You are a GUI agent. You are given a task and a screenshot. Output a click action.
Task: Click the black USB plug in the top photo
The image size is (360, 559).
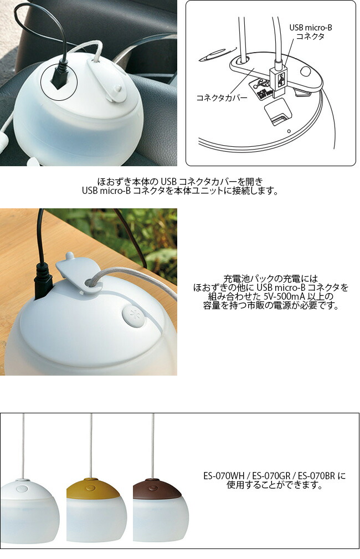58,78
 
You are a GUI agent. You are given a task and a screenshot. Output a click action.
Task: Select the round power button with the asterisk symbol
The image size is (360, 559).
132,312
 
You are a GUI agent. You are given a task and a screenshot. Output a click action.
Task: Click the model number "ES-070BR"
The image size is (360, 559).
317,476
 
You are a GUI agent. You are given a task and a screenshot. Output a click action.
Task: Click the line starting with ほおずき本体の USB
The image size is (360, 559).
179,181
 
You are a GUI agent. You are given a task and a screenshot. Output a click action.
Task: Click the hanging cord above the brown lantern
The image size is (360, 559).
153,443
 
